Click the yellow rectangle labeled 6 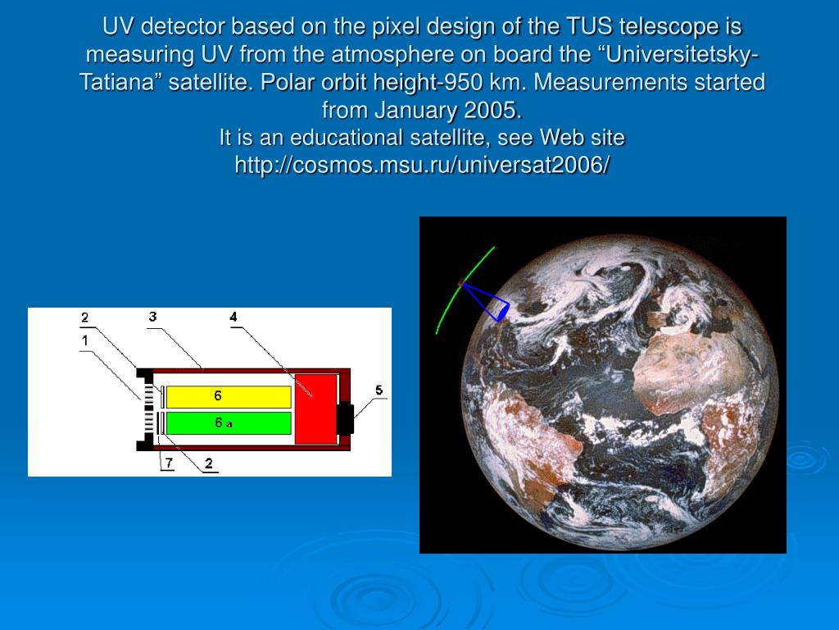229,397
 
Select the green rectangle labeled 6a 229,423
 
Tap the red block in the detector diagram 315,409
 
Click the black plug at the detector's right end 345,418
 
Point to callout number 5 379,390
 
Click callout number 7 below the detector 169,463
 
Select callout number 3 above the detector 152,317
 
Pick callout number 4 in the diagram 234,317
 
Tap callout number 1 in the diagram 84,340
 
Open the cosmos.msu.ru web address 422,165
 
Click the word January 415,110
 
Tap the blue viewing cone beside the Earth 487,302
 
